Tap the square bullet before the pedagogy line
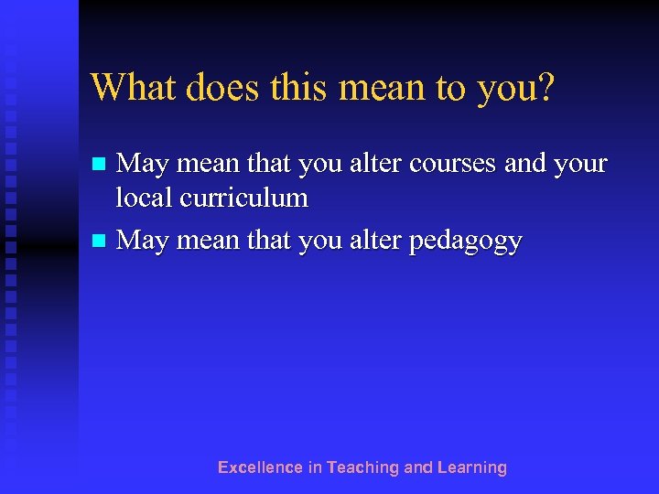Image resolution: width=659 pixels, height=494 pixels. pyautogui.click(x=101, y=242)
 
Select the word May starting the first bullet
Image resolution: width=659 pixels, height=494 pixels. pyautogui.click(x=143, y=165)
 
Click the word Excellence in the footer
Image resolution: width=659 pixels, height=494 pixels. pyautogui.click(x=259, y=467)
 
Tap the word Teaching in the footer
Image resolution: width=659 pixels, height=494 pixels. pyautogui.click(x=362, y=468)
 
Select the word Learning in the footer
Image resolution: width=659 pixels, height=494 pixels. pyautogui.click(x=471, y=468)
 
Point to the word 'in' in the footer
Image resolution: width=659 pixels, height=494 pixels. pyautogui.click(x=315, y=467)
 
